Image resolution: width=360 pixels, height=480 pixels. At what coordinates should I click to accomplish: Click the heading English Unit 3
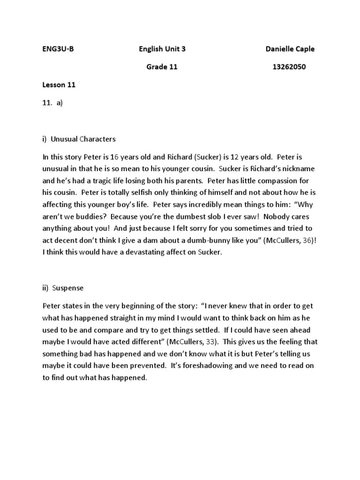click(x=165, y=49)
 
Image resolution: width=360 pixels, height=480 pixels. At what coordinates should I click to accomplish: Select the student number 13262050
click(x=289, y=67)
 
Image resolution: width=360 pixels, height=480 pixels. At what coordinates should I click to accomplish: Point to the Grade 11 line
click(x=162, y=67)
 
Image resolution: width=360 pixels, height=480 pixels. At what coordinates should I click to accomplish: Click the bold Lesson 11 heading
click(x=59, y=85)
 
